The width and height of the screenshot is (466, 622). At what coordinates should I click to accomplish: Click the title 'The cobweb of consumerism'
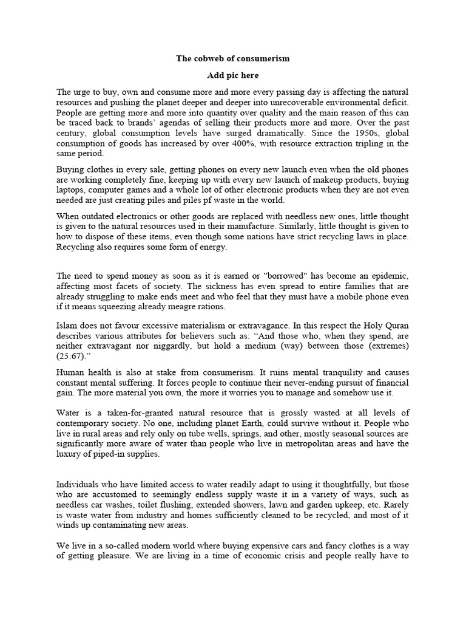click(x=233, y=58)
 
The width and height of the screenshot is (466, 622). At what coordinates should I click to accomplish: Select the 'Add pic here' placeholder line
click(x=233, y=75)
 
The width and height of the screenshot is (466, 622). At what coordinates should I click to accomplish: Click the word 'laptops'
click(x=70, y=190)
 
